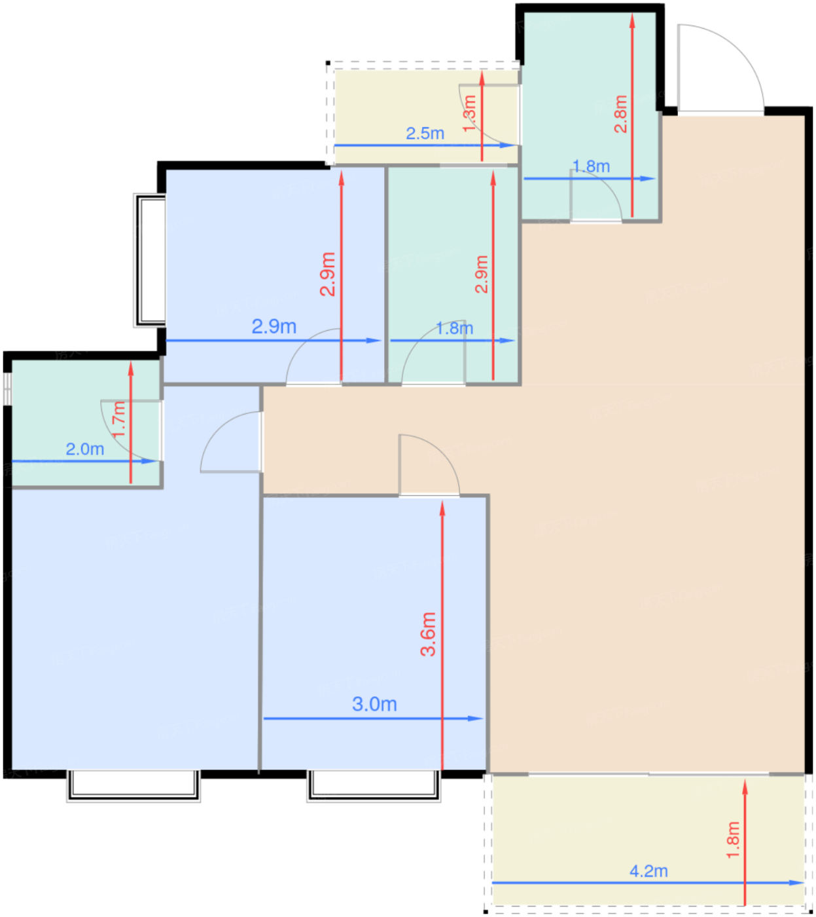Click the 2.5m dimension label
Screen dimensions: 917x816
[425, 134]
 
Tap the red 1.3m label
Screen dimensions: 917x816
[469, 113]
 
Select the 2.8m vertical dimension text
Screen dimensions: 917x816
[620, 113]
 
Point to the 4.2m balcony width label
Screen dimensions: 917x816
[648, 871]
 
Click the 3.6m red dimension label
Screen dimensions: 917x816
[428, 634]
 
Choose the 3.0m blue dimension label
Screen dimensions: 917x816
[374, 704]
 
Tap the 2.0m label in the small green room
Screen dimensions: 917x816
[84, 449]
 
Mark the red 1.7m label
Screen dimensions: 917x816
[118, 420]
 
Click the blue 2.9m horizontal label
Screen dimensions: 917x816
[274, 326]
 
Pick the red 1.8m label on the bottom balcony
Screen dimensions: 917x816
[733, 840]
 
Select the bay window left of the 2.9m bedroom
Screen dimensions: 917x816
[150, 260]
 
